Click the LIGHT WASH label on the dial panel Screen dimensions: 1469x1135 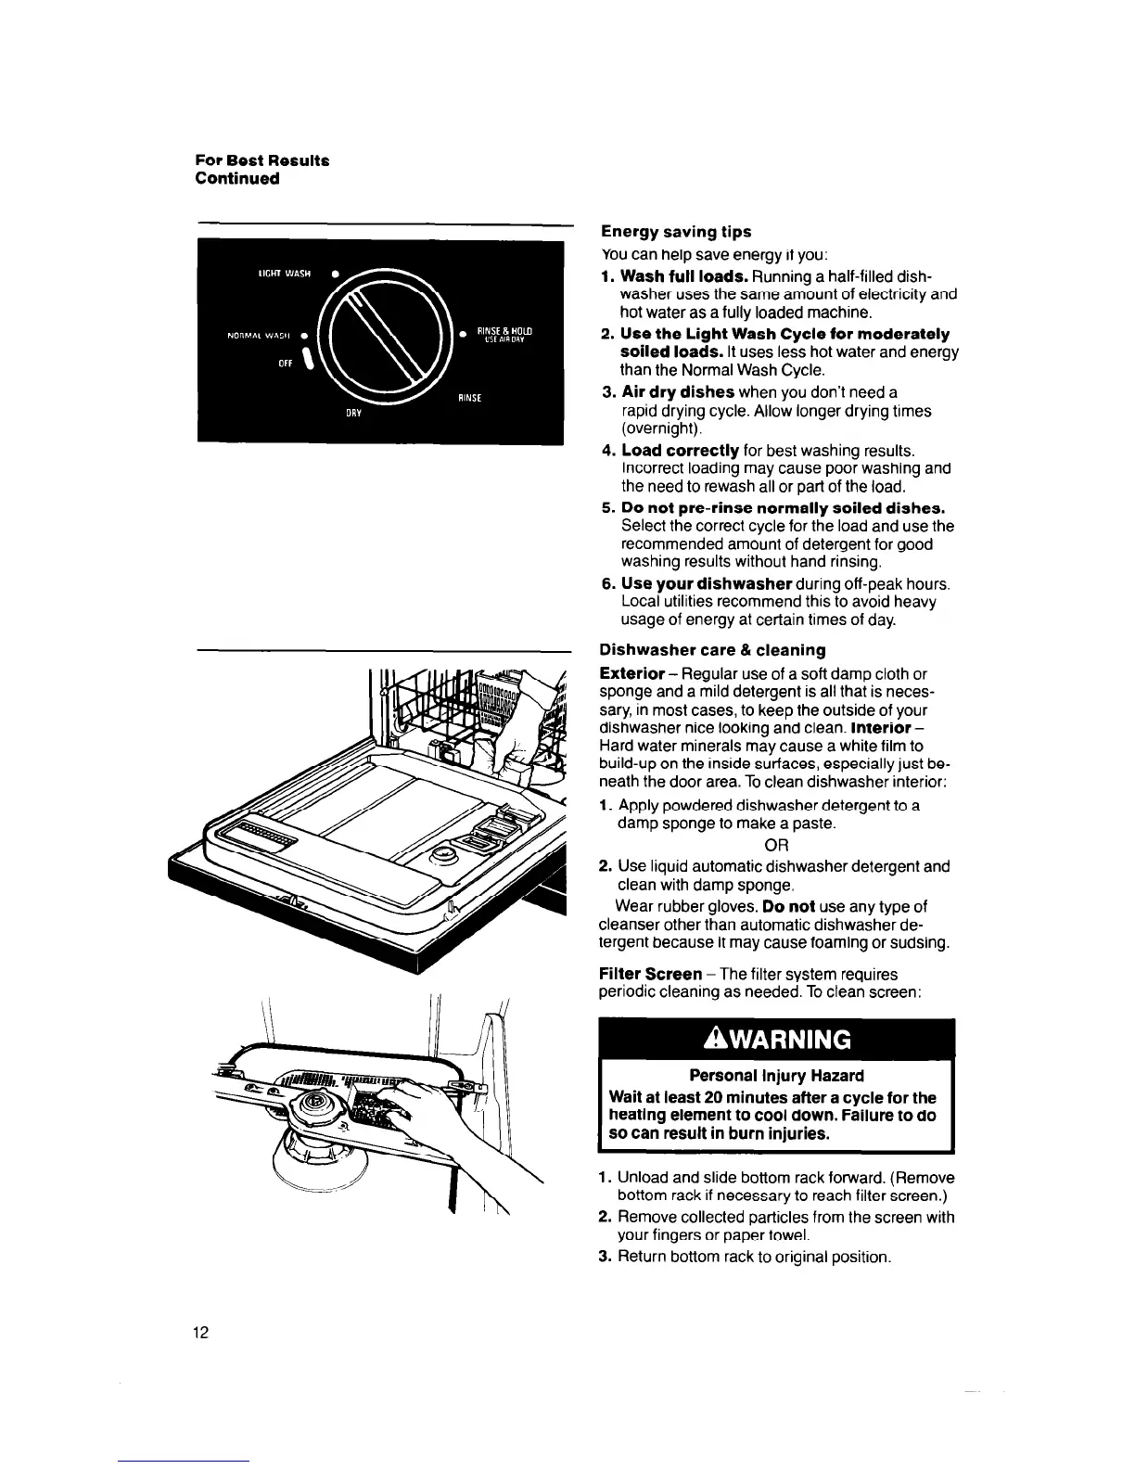click(283, 274)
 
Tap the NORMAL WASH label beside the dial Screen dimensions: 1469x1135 click(260, 336)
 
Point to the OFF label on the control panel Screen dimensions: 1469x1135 click(286, 364)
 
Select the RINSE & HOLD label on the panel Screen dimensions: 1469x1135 click(504, 334)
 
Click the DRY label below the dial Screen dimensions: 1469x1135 click(353, 414)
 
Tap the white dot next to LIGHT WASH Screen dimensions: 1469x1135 click(335, 274)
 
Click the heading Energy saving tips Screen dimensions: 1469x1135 click(676, 231)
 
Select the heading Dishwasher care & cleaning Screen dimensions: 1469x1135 click(713, 650)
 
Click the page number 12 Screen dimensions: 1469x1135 click(201, 1334)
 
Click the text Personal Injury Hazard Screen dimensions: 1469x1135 click(776, 1076)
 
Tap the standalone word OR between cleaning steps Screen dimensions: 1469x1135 click(776, 845)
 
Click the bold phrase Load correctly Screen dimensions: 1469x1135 click(680, 451)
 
